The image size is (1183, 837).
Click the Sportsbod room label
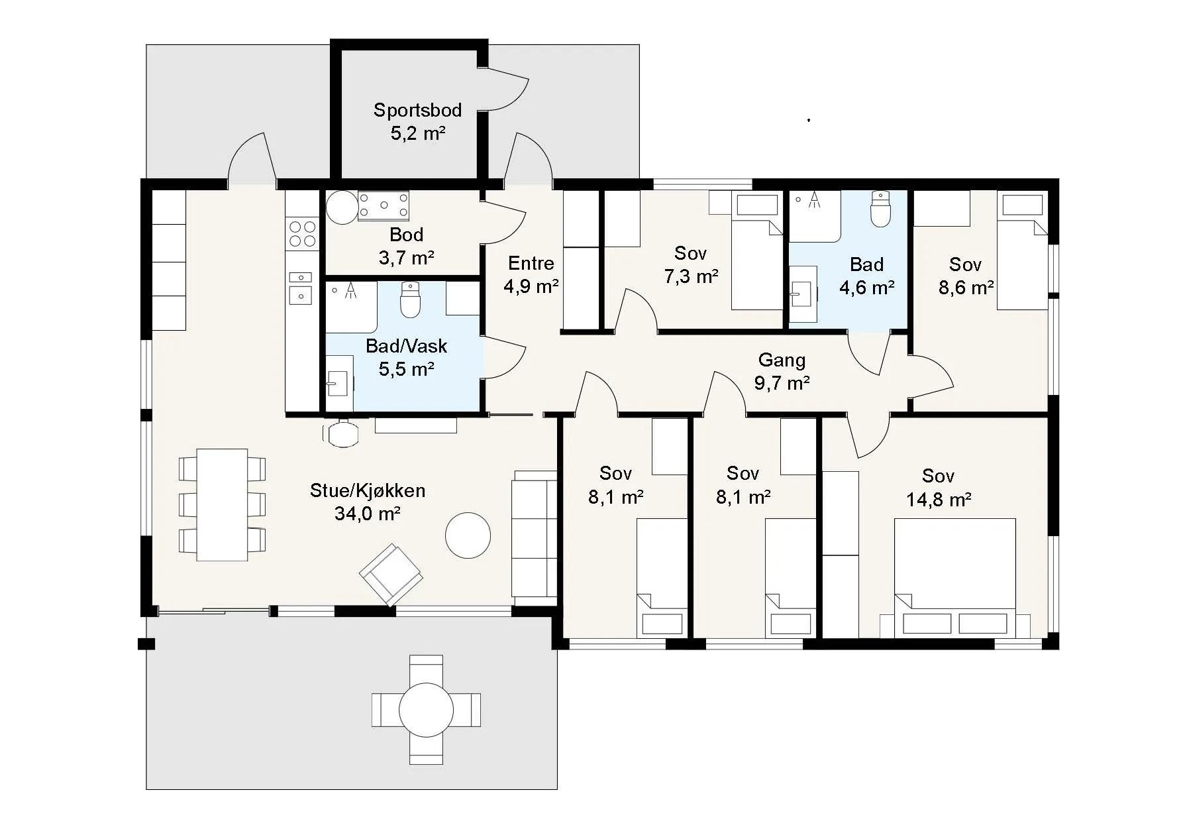pos(417,110)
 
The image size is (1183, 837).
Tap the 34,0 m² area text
pos(367,513)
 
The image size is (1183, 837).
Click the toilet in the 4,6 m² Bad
pos(880,209)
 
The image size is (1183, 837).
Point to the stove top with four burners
pos(303,233)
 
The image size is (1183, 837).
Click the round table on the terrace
pos(427,710)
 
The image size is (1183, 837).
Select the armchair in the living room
pos(391,574)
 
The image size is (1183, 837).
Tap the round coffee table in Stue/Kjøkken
pos(468,535)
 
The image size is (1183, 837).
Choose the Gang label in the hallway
pos(782,360)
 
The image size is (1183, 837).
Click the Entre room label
pos(531,263)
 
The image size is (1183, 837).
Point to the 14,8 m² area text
pos(939,499)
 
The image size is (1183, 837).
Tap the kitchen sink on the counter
pos(301,287)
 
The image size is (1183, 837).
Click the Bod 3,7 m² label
pos(406,246)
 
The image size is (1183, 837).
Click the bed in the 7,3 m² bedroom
pos(757,252)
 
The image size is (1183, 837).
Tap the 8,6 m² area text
pos(966,287)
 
